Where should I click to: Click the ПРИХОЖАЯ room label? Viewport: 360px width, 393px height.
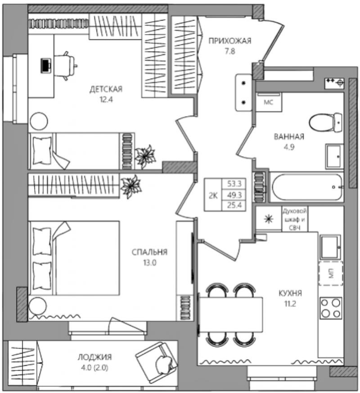click(x=230, y=41)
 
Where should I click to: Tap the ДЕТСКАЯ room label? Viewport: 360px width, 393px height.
click(x=106, y=89)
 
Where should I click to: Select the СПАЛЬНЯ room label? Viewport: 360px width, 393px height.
click(x=149, y=252)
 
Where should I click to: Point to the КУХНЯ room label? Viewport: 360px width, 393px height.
click(x=290, y=293)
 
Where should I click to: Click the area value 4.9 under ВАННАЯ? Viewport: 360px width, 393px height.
click(x=289, y=147)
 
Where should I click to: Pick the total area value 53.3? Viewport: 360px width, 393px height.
click(x=234, y=184)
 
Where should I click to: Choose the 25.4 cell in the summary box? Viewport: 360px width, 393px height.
click(x=234, y=205)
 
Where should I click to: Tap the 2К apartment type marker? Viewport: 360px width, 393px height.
click(x=213, y=195)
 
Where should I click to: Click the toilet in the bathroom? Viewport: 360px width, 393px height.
click(x=325, y=123)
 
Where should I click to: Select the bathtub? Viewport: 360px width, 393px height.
click(x=307, y=187)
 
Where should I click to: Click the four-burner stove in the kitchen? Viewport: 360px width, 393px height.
click(x=331, y=308)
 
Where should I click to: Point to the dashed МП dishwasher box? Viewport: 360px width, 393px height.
click(x=331, y=273)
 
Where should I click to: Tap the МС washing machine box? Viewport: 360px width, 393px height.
click(x=269, y=102)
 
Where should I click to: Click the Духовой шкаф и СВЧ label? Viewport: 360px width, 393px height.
click(x=294, y=219)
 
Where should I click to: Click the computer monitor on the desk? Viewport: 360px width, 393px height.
click(x=46, y=66)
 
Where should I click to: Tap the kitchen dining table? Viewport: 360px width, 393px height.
click(x=231, y=315)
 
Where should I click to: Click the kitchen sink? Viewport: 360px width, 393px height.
click(x=331, y=248)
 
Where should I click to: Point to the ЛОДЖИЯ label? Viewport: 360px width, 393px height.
click(x=94, y=357)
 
